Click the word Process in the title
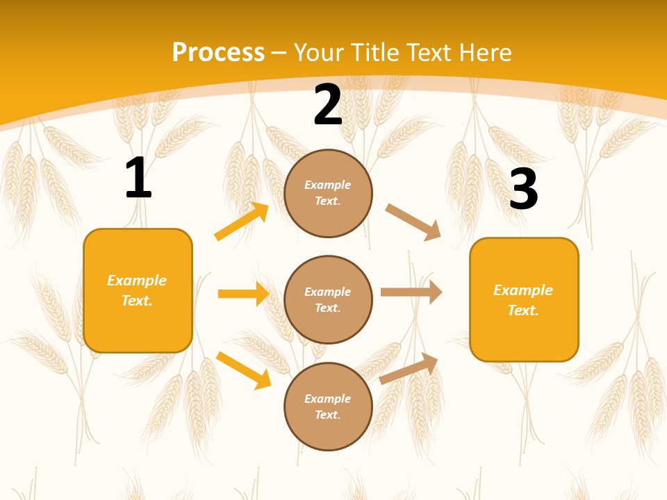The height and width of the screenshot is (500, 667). (x=218, y=52)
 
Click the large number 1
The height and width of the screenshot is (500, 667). (x=138, y=178)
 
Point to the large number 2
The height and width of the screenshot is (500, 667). (x=328, y=105)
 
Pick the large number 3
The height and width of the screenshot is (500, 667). (x=523, y=189)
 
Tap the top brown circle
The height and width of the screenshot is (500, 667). (x=328, y=193)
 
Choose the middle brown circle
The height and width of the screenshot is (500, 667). (x=328, y=299)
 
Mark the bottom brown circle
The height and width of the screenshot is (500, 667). (x=328, y=406)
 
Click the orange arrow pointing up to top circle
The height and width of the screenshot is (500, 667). (x=241, y=222)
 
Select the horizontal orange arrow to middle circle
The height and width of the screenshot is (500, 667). (x=243, y=294)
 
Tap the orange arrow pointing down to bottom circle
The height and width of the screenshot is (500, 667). (x=243, y=369)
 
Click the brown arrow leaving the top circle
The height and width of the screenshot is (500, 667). (x=413, y=222)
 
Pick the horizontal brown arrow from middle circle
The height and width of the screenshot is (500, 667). (x=411, y=292)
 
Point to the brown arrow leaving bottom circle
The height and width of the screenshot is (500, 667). (x=409, y=368)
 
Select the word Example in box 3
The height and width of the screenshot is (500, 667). (x=523, y=290)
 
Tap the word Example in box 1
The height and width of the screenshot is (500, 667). (x=137, y=281)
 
